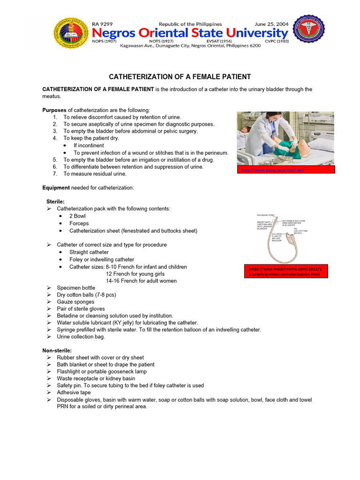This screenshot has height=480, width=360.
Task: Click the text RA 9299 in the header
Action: pyautogui.click(x=103, y=24)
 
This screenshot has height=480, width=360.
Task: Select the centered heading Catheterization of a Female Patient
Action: pyautogui.click(x=180, y=76)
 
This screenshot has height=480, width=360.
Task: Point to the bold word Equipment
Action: pyautogui.click(x=56, y=188)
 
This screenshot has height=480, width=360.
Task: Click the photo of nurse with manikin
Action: pyautogui.click(x=285, y=138)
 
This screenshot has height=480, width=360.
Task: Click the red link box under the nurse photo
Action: pyautogui.click(x=285, y=170)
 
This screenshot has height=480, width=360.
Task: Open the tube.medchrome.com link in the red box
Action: pyautogui.click(x=285, y=271)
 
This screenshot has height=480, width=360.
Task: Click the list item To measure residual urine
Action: pyautogui.click(x=95, y=174)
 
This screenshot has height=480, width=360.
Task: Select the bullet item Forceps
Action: pyautogui.click(x=79, y=224)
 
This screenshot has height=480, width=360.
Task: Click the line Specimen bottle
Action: pyautogui.click(x=76, y=288)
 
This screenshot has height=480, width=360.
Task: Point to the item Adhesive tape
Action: pyautogui.click(x=74, y=392)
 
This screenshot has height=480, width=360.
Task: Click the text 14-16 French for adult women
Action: pyautogui.click(x=141, y=281)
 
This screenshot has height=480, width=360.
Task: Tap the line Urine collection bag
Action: pyautogui.click(x=81, y=337)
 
